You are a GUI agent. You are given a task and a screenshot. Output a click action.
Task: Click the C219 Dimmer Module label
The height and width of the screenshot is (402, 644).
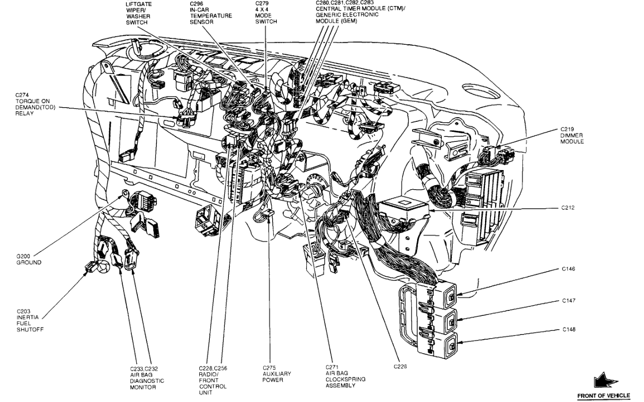click(x=572, y=135)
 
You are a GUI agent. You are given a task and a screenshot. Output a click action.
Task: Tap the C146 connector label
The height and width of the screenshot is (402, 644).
click(x=568, y=269)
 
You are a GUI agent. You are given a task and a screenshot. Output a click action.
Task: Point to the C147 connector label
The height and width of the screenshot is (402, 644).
click(x=568, y=300)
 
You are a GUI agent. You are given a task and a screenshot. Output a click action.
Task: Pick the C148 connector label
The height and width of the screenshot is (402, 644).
click(x=568, y=330)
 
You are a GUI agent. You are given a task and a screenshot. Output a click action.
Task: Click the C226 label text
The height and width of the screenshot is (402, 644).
click(x=400, y=366)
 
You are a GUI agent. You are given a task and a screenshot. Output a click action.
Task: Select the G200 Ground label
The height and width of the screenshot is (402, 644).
click(x=29, y=259)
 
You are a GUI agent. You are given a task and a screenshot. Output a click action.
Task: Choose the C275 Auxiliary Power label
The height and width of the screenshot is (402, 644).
click(x=276, y=374)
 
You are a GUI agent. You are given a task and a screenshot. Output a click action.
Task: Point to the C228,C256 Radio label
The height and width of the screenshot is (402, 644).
click(x=213, y=380)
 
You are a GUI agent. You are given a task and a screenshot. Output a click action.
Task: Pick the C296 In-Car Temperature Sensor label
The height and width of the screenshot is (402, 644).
click(x=210, y=13)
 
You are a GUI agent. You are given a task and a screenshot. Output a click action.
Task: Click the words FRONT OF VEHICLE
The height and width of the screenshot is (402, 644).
click(x=603, y=396)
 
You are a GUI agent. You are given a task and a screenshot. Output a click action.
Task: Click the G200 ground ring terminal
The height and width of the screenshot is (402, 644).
click(x=124, y=193)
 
